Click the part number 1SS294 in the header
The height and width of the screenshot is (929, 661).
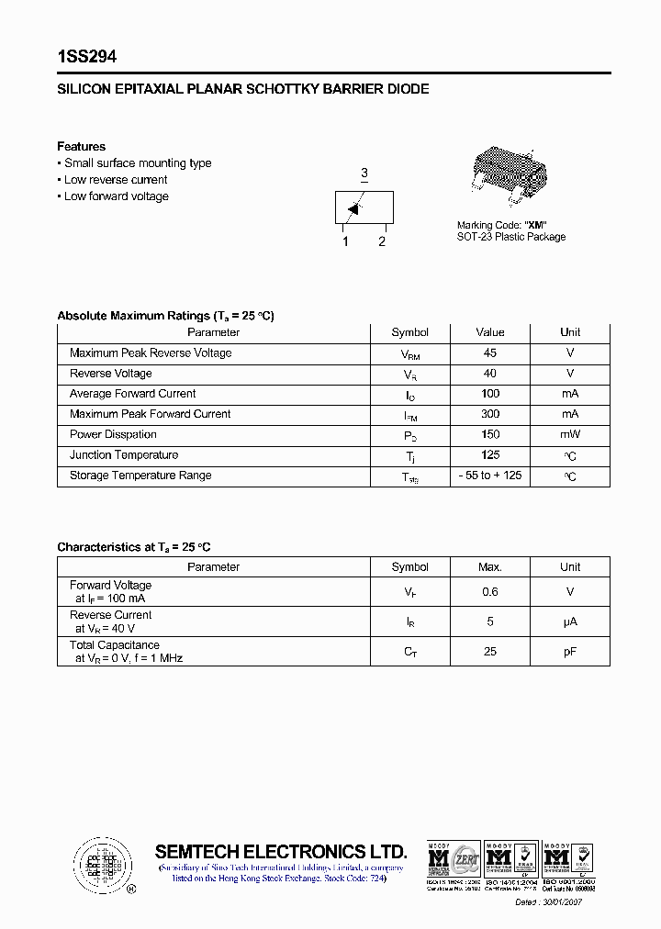(86, 57)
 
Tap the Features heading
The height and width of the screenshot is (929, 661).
(81, 147)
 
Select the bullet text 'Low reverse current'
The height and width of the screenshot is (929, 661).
(116, 180)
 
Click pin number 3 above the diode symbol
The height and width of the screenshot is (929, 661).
(364, 173)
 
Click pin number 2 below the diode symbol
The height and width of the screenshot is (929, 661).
(382, 241)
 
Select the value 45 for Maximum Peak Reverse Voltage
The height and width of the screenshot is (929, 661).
(490, 353)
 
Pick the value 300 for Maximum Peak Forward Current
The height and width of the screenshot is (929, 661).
(490, 414)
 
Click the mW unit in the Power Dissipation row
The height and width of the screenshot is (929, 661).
(570, 435)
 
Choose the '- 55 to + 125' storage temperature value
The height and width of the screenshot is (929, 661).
(490, 476)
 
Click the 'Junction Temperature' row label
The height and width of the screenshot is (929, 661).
(124, 455)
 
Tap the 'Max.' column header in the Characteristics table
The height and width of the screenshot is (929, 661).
(490, 567)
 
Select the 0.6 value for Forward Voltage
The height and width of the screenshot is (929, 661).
(490, 593)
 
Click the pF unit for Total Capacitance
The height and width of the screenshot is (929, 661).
(570, 652)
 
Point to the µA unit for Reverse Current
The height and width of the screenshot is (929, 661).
(570, 622)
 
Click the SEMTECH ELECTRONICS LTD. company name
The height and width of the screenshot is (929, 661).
(280, 851)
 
